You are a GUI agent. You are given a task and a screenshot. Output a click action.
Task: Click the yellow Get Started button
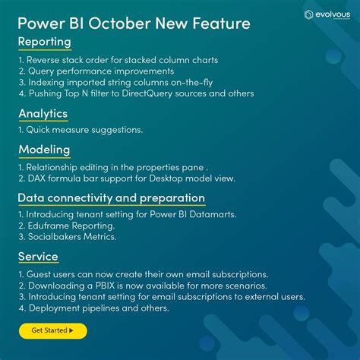pos(52,330)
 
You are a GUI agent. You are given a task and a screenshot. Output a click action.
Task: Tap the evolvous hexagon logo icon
pos(308,14)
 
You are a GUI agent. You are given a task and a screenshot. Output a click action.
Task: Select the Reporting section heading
pos(45,41)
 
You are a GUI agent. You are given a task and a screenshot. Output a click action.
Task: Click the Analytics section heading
pos(43,114)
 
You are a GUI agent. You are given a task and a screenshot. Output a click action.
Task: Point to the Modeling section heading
pos(44,150)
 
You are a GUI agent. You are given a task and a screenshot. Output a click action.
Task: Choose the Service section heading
pos(38,256)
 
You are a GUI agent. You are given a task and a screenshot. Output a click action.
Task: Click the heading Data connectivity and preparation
pos(112,198)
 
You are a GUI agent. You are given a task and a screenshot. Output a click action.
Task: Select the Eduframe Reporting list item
pos(67,226)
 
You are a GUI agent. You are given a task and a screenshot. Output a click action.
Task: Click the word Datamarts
pos(214,214)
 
